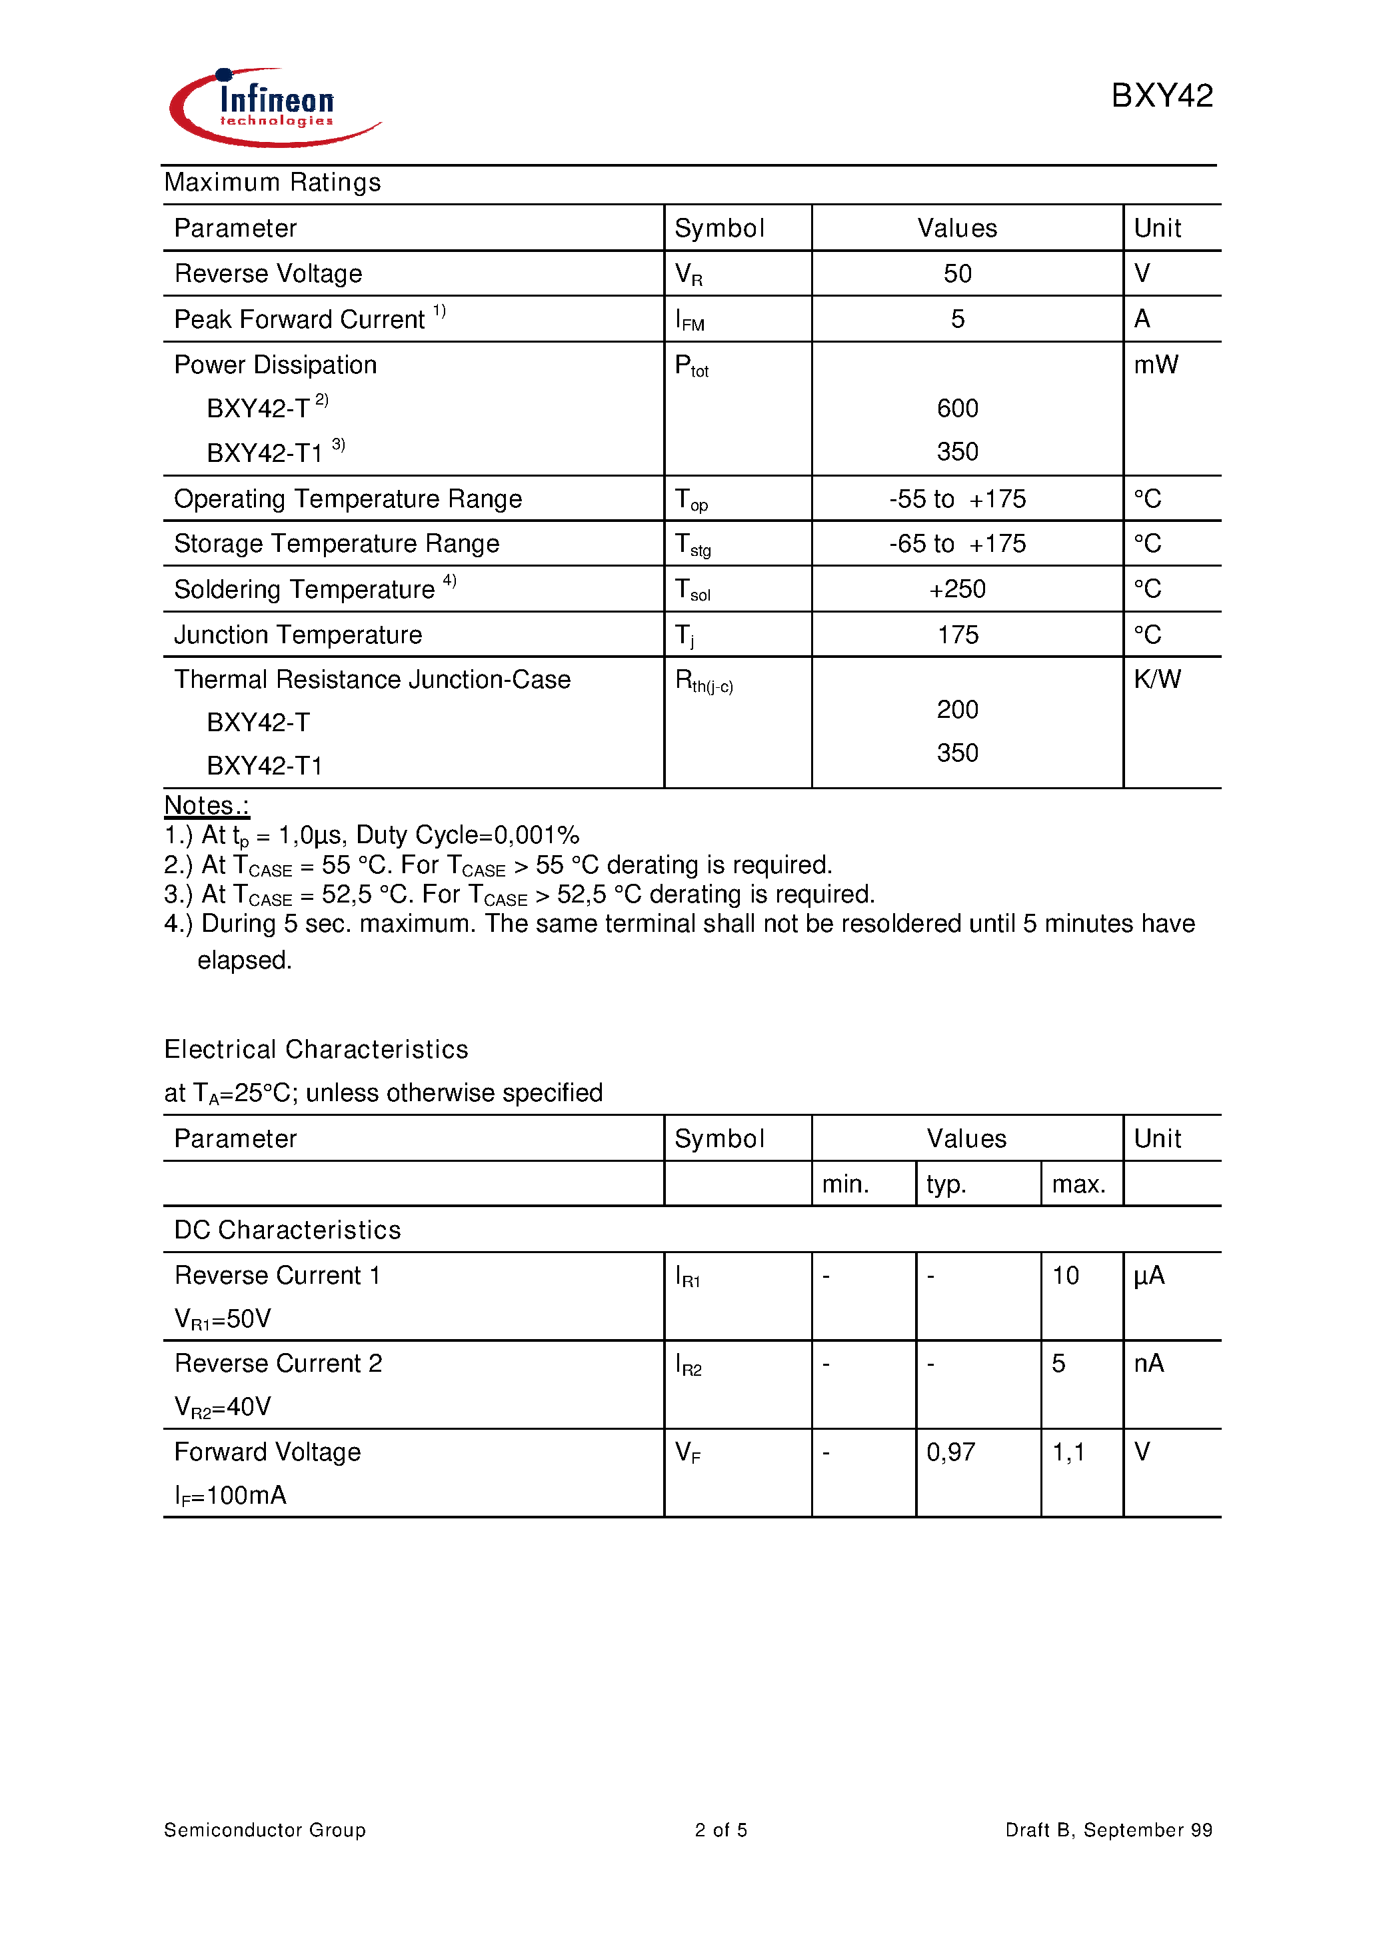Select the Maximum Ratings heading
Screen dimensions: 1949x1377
tap(273, 183)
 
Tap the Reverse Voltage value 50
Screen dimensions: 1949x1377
tap(957, 273)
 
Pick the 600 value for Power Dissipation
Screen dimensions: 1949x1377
tap(957, 409)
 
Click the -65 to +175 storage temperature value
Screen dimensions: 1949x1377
tap(957, 543)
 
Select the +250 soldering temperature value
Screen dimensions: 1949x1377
tap(957, 589)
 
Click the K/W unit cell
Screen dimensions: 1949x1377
tap(1156, 679)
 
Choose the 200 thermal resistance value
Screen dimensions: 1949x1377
tap(957, 710)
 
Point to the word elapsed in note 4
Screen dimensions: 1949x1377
tap(245, 960)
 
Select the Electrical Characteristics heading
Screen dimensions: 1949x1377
tap(316, 1049)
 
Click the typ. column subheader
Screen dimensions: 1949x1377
tap(946, 1184)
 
